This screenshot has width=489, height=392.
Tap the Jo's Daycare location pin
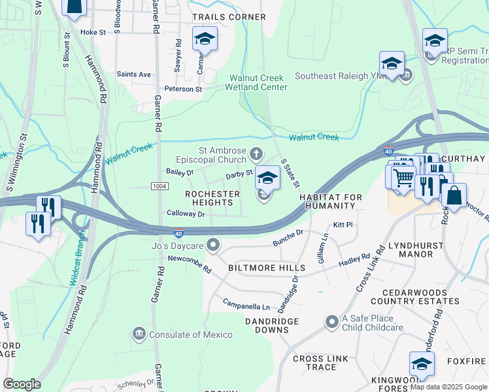pos(212,246)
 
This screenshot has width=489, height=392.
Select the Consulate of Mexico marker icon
pos(139,335)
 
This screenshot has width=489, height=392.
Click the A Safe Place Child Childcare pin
pos(332,321)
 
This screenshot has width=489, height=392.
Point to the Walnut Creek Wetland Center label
pos(258,82)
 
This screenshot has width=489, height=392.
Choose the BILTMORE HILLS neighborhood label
pos(266,269)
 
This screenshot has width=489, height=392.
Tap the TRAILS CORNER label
pos(228,17)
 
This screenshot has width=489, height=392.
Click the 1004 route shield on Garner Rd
pos(158,187)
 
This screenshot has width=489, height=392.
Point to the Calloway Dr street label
pos(186,214)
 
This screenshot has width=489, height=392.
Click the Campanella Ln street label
pos(246,306)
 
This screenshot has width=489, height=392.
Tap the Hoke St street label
pos(93,31)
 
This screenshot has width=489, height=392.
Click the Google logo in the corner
pos(22,384)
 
